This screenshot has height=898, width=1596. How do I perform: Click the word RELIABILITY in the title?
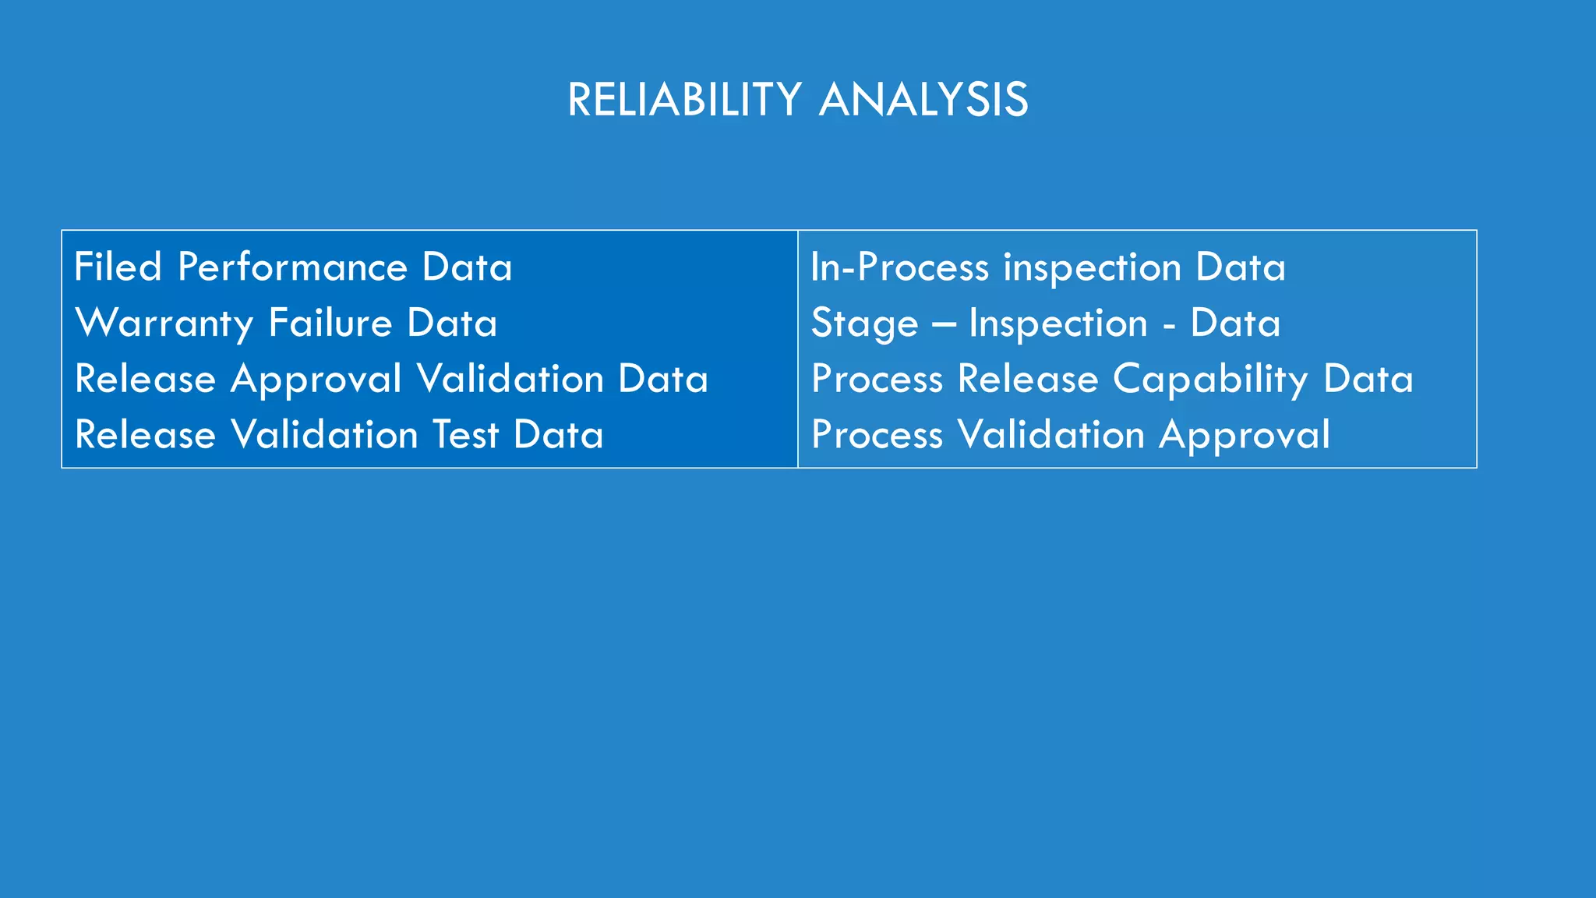point(684,101)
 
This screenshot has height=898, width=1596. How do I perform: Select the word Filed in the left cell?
point(118,267)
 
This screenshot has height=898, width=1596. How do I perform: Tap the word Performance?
point(292,267)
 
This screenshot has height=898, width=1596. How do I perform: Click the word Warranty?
point(164,323)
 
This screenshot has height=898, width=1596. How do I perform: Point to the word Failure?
point(330,323)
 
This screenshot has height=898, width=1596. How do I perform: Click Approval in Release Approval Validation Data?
point(316,380)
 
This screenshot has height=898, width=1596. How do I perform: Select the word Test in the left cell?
point(465,435)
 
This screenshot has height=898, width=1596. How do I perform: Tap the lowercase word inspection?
point(1093,267)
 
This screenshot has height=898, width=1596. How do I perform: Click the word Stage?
point(864,323)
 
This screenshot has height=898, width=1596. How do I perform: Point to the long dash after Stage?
point(943,324)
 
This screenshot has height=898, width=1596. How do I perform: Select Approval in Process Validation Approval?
point(1245,435)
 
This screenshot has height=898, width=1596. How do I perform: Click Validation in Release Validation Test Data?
point(325,435)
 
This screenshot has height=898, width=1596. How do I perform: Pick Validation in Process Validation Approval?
point(1051,435)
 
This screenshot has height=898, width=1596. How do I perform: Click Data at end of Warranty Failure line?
point(452,323)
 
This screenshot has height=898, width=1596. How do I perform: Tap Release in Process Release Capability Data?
point(1028,380)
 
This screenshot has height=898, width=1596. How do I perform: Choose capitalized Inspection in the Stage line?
point(1058,323)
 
